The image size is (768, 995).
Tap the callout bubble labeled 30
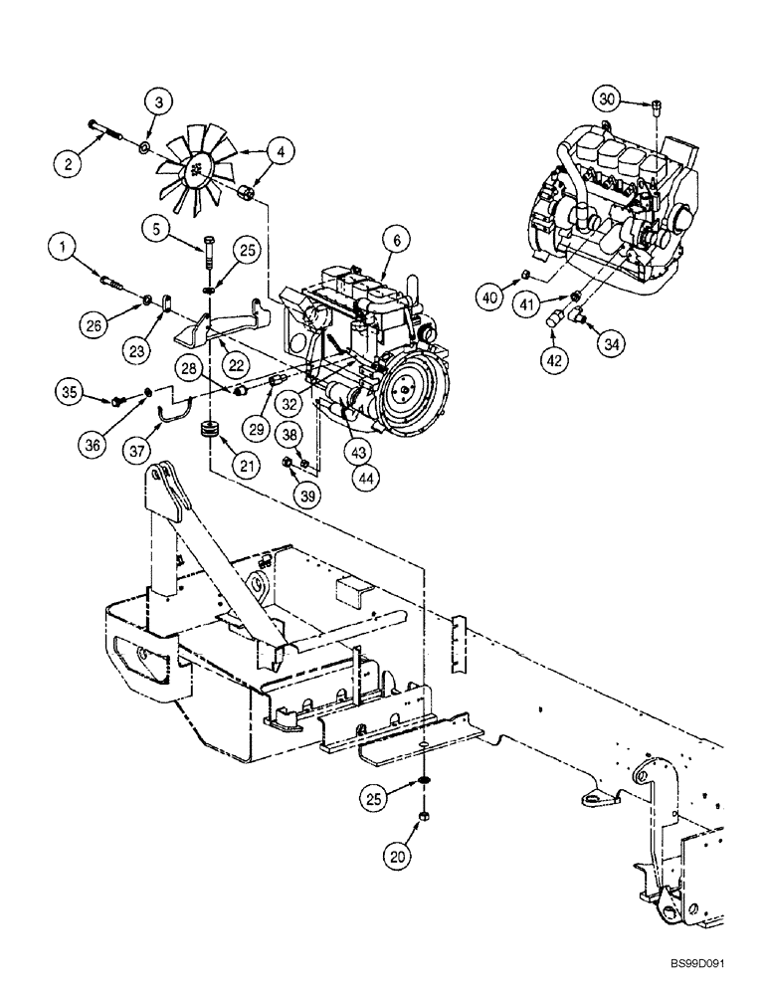[x=609, y=98]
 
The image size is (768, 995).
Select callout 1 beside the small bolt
[x=65, y=244]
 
